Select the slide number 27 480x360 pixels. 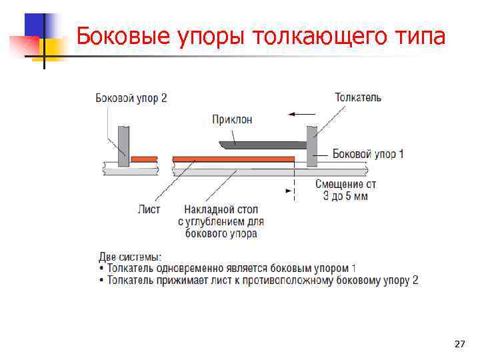click(x=459, y=344)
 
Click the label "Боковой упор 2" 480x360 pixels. click(x=131, y=98)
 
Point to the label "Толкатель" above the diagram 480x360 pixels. click(x=358, y=97)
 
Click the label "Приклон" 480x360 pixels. click(x=232, y=119)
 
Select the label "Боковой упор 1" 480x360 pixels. click(x=367, y=154)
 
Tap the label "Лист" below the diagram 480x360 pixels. click(x=149, y=209)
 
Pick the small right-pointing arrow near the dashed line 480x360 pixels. click(x=289, y=190)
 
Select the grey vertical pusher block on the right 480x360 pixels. click(x=311, y=146)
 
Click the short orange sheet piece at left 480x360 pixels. click(x=144, y=159)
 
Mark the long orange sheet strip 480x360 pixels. click(x=233, y=159)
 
